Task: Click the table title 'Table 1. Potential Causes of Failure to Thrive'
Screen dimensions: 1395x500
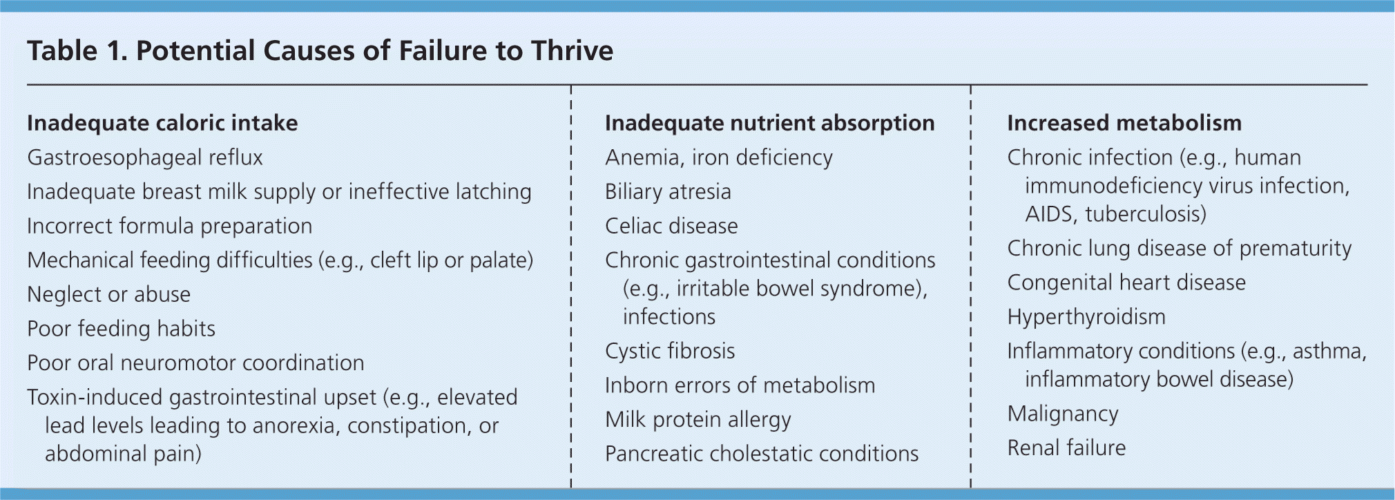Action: click(320, 51)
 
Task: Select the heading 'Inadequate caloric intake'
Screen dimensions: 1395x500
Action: click(162, 123)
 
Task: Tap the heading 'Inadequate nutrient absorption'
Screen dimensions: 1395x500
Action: click(769, 123)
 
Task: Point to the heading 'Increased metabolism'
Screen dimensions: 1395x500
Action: click(1124, 123)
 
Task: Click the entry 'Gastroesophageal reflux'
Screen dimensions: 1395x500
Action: click(145, 158)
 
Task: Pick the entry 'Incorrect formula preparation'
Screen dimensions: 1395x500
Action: click(169, 227)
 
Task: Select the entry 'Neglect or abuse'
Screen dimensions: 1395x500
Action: click(108, 295)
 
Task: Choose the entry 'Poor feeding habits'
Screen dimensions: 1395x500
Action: click(121, 329)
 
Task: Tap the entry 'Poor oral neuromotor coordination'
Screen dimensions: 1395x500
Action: click(195, 363)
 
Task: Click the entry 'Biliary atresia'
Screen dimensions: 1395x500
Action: click(668, 192)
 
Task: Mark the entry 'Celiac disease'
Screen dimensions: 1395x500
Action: click(671, 226)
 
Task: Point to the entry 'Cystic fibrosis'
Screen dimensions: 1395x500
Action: click(670, 352)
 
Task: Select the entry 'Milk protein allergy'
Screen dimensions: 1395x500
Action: click(698, 420)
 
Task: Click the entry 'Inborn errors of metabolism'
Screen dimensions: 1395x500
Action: click(740, 385)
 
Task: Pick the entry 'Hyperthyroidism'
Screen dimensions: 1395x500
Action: click(1086, 318)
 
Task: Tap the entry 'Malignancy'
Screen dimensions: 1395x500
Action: click(1063, 414)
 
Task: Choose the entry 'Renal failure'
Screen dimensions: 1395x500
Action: click(1066, 448)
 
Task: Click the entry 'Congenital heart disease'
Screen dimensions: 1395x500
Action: click(1126, 283)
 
